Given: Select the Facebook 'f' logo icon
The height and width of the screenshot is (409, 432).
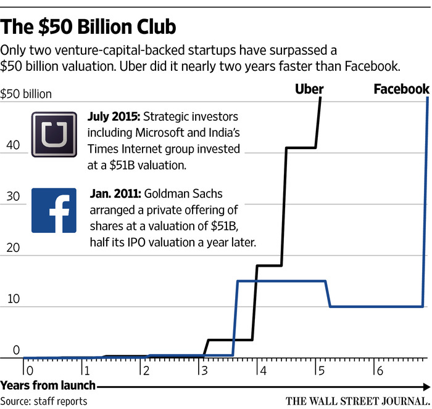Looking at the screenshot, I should click(x=54, y=210).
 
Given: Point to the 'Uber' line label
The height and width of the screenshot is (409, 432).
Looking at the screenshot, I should click(x=309, y=89).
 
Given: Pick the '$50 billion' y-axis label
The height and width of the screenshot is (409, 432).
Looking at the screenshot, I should click(x=27, y=94).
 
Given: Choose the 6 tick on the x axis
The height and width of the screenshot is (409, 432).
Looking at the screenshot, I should click(x=378, y=371).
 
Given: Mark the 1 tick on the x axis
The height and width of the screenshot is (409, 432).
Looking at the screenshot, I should click(x=87, y=371).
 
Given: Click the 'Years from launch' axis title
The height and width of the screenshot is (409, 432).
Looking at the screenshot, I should click(x=48, y=386).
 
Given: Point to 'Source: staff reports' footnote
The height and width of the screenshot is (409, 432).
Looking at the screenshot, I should click(x=44, y=401).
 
